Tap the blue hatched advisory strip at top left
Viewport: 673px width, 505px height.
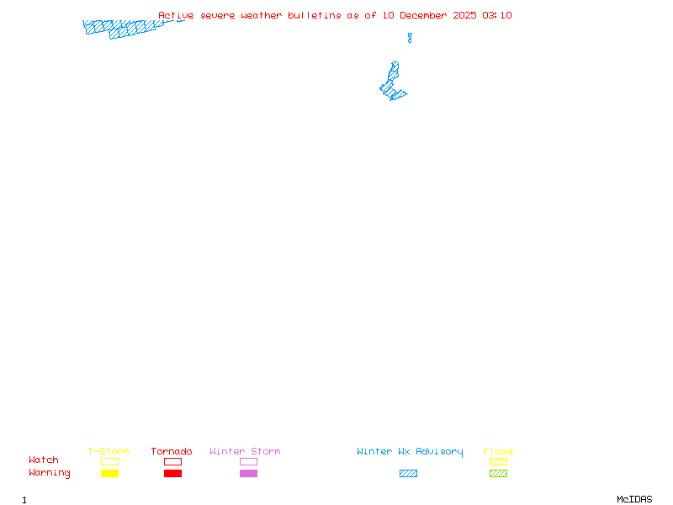pos(126,28)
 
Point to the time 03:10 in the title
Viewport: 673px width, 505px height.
pos(497,15)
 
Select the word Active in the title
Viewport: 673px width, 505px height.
pos(176,15)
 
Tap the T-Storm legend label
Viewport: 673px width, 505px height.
pos(109,452)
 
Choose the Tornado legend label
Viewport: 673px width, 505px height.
pos(172,452)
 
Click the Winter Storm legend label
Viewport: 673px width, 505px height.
pos(245,452)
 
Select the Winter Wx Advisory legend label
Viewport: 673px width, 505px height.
pos(410,452)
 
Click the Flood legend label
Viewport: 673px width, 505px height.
pos(498,452)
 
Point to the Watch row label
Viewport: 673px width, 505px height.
pos(44,460)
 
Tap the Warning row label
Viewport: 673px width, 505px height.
pos(50,473)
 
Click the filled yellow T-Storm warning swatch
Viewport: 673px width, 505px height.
pos(109,474)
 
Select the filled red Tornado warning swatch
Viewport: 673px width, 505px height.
pos(172,474)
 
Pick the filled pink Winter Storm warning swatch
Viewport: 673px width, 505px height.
pos(248,474)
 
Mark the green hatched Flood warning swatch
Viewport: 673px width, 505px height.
pos(498,474)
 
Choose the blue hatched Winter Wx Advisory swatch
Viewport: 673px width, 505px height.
pos(408,474)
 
